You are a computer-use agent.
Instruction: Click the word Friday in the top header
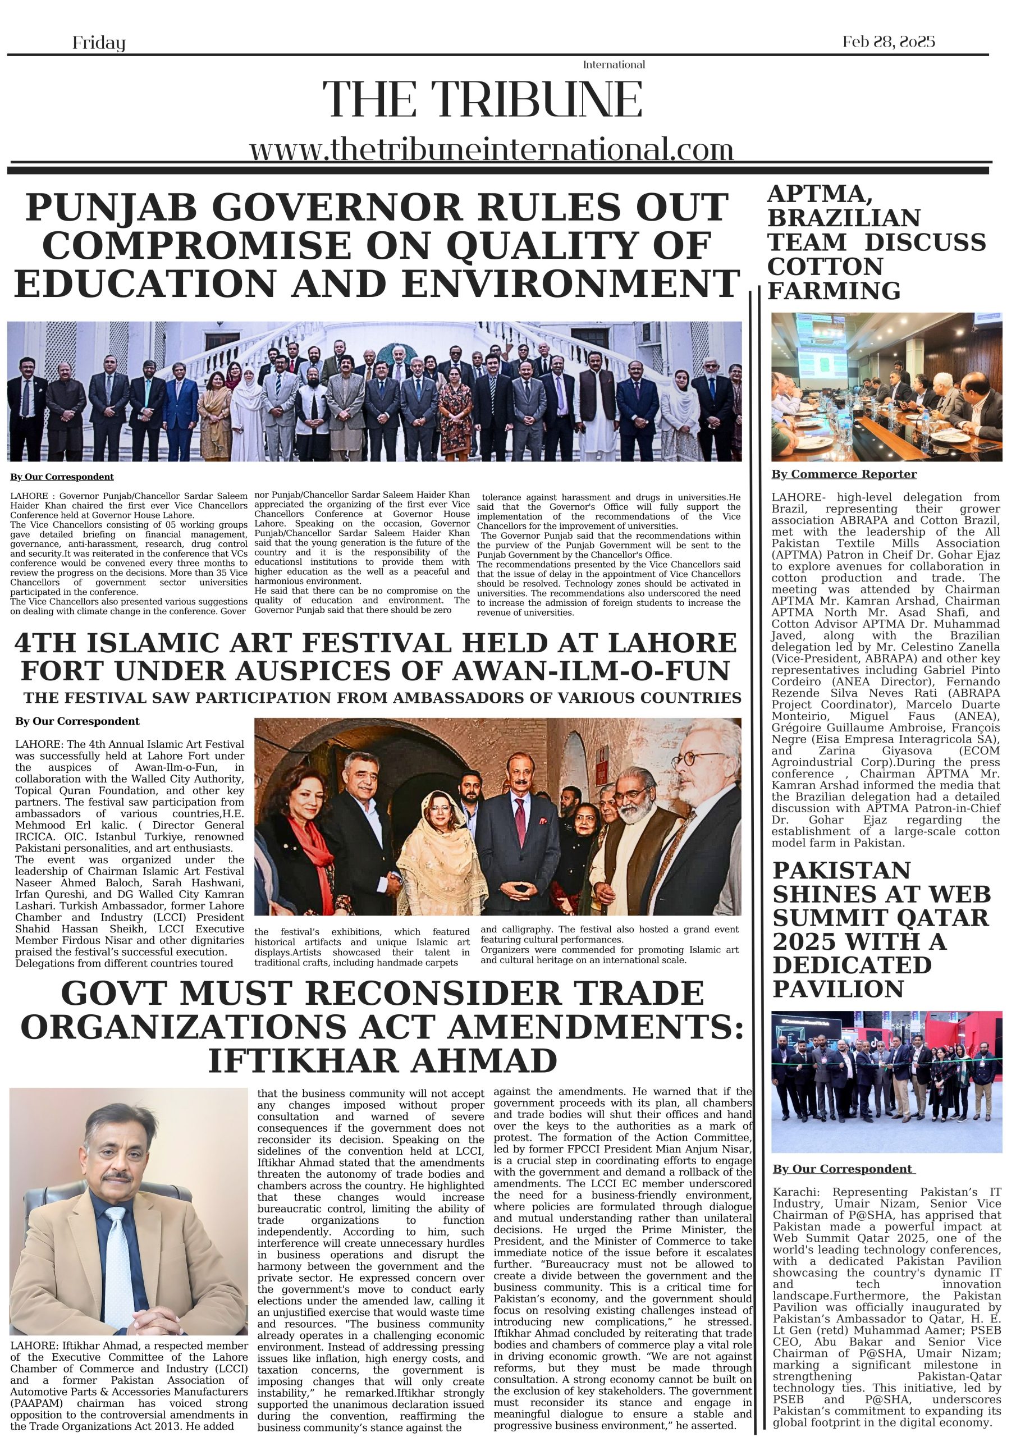point(99,43)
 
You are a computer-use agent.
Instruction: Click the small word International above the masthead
point(614,65)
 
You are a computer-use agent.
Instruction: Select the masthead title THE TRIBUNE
point(482,99)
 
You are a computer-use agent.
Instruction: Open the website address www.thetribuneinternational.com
point(491,150)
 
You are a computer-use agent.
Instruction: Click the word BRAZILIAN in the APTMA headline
point(843,218)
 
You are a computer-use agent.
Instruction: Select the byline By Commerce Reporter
point(843,474)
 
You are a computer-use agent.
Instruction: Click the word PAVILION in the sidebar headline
point(838,989)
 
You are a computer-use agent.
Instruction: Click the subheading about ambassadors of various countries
point(382,697)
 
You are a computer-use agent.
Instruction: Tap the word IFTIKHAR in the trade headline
point(306,1060)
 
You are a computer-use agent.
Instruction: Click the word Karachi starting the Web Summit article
point(795,1192)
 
